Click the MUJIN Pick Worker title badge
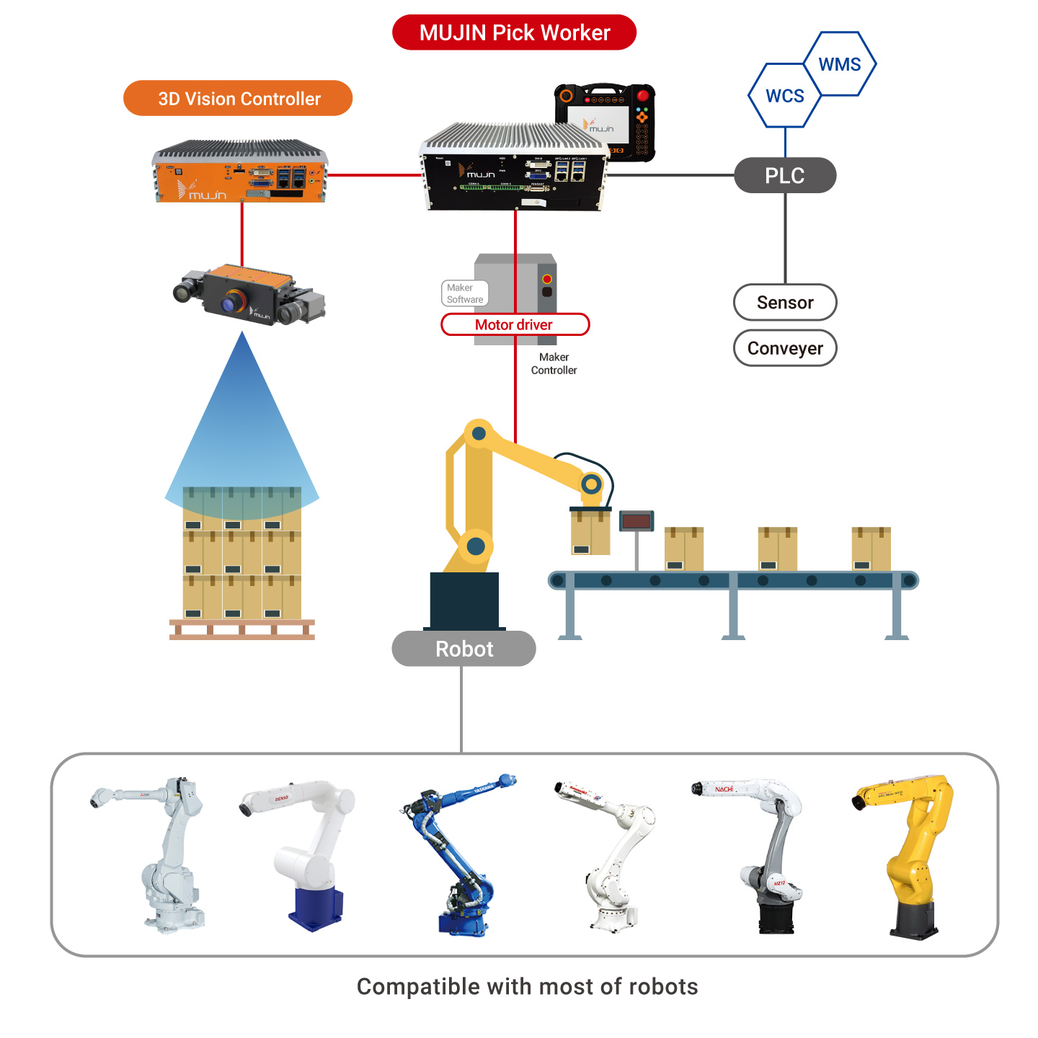tap(514, 32)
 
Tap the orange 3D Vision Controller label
tap(238, 99)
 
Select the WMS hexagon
tap(840, 64)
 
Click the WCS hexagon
tap(784, 96)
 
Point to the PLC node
tap(785, 175)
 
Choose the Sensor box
tap(785, 303)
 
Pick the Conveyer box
tap(785, 348)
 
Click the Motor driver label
tap(515, 324)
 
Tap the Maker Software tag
tap(465, 293)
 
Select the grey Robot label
tap(463, 649)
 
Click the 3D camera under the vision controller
tap(249, 296)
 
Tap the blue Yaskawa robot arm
tap(458, 854)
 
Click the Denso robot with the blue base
tap(306, 854)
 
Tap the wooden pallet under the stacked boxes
tap(241, 629)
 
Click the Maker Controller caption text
tap(554, 363)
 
